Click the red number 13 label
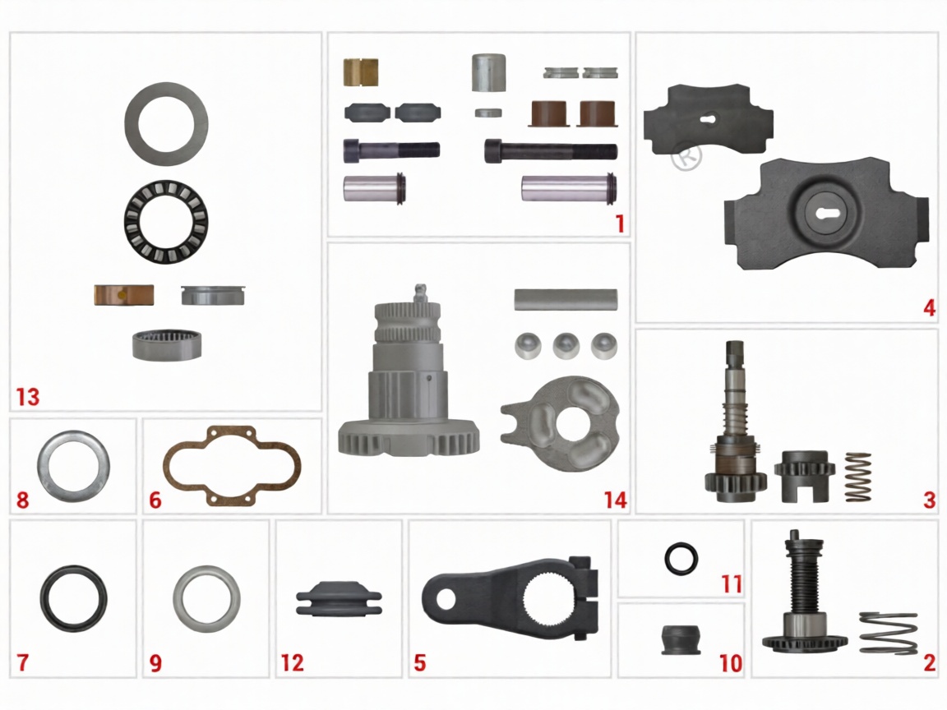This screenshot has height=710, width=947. pos(28,397)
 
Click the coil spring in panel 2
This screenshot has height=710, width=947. pos(887,633)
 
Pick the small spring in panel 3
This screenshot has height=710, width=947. pos(857,477)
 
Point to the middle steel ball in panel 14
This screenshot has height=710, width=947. pos(566,346)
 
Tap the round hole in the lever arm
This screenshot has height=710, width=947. pos(446,600)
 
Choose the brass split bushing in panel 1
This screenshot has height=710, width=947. pos(361,72)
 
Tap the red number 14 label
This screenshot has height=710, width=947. pos(615,500)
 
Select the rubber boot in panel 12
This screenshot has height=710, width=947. pos(340,599)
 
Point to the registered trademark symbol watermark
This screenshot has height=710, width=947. pos(686,155)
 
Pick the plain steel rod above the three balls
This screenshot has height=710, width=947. pos(566,299)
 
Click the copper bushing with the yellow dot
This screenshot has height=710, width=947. pos(124,295)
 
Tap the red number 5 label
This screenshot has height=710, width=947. pos(419,663)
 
